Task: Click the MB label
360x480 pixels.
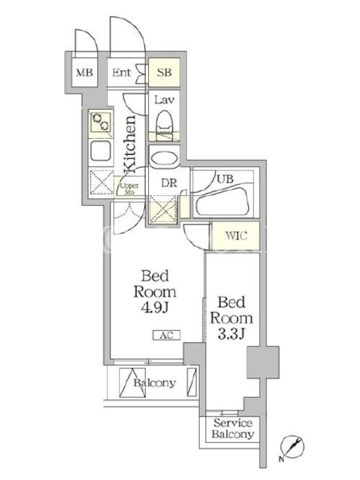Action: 85,73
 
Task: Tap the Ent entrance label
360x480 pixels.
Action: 122,73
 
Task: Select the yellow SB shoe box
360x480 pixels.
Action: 164,72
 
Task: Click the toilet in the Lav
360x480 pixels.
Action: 164,125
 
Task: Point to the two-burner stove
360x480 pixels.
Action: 100,122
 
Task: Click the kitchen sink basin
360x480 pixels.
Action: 100,151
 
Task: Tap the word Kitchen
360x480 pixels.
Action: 130,144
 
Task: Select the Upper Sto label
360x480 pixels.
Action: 129,189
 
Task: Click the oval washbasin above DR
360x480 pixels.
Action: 164,160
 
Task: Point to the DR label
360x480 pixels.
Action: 169,183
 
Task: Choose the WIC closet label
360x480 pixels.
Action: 236,236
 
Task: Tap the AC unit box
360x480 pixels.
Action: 167,335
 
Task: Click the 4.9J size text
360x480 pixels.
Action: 155,308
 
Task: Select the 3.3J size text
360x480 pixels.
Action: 232,334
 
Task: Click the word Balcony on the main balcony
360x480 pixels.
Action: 155,383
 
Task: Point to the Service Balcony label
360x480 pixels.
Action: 233,428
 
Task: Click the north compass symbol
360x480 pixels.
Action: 293,447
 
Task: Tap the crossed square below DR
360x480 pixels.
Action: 163,209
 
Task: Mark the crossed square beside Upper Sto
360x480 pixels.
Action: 101,182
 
